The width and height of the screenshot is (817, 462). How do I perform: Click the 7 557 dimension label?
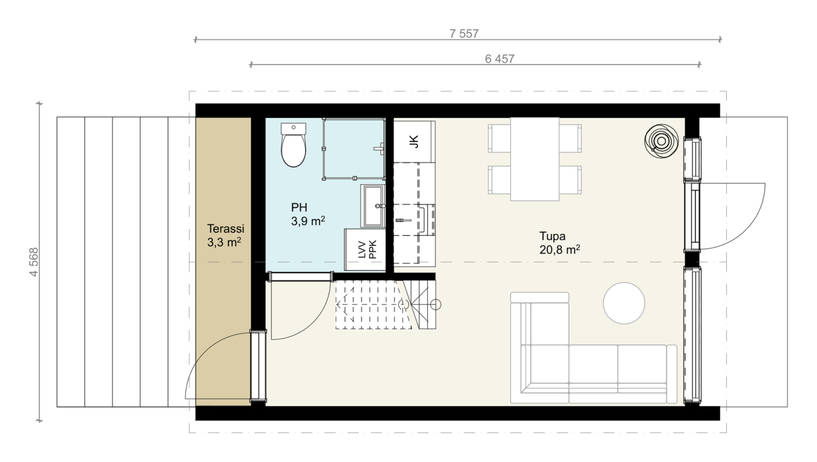[464, 34]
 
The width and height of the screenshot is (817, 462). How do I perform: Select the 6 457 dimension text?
[499, 59]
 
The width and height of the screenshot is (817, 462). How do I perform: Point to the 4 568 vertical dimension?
[34, 262]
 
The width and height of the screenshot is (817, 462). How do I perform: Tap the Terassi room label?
[225, 229]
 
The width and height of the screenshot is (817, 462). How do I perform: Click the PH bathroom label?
[299, 207]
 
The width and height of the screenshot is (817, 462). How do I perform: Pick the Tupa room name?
[552, 236]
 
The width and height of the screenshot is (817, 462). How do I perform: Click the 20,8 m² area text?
[559, 250]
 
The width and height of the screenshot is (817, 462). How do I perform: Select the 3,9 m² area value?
[308, 221]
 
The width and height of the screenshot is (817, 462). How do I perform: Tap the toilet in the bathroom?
[293, 145]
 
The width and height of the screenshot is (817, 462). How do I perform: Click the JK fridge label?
[414, 142]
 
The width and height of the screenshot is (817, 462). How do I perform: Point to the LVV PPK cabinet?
[365, 250]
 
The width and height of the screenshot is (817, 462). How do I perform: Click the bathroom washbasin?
[373, 206]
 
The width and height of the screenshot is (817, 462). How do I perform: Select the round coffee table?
[624, 303]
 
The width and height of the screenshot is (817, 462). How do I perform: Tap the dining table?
[535, 159]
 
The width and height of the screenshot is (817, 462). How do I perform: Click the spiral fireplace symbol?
[661, 141]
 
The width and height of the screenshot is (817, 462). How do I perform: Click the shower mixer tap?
[379, 149]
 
